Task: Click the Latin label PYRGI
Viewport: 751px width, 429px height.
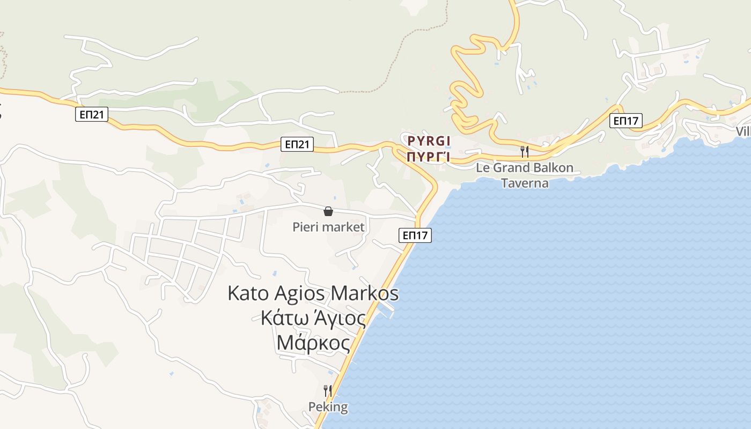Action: click(428, 141)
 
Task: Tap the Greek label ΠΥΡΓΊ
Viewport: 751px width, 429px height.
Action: click(428, 157)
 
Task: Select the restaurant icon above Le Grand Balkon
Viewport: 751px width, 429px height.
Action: click(525, 152)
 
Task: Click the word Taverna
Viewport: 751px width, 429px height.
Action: click(525, 183)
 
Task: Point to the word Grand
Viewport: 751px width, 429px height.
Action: click(513, 168)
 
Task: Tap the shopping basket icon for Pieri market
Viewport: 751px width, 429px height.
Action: click(328, 212)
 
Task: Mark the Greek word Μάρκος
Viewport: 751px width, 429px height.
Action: click(313, 342)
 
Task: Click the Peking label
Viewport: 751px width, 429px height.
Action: click(328, 407)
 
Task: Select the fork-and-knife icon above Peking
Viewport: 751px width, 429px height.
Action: click(328, 390)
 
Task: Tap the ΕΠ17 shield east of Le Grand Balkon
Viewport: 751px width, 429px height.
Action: click(626, 121)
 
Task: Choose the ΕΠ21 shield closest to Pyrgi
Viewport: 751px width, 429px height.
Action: click(297, 144)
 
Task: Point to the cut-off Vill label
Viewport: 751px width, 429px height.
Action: click(743, 132)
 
